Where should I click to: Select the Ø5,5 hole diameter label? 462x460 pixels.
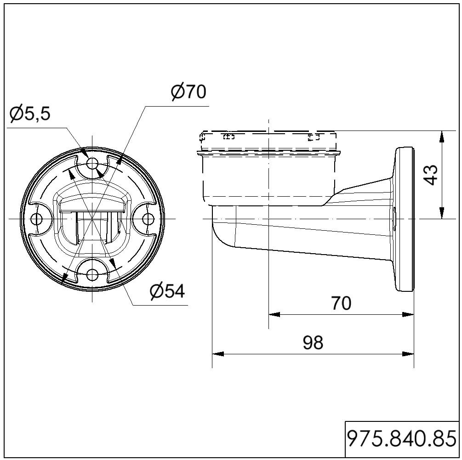(30, 114)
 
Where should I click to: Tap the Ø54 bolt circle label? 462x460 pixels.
(167, 291)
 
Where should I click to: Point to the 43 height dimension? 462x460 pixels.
(432, 175)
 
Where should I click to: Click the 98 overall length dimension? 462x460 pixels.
(313, 342)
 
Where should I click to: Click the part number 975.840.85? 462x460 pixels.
(402, 439)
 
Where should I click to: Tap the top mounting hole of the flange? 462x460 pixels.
(92, 163)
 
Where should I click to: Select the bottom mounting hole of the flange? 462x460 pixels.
(92, 275)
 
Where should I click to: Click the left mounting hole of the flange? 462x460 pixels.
(36, 219)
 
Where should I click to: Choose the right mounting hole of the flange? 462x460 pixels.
(148, 219)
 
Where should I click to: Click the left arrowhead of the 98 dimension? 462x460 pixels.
(218, 354)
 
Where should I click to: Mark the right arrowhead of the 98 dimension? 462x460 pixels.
(408, 354)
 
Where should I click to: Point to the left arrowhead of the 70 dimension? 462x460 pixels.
(274, 314)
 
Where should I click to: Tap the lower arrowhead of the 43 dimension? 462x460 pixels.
(441, 213)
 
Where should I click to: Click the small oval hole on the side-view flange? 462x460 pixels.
(394, 219)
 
